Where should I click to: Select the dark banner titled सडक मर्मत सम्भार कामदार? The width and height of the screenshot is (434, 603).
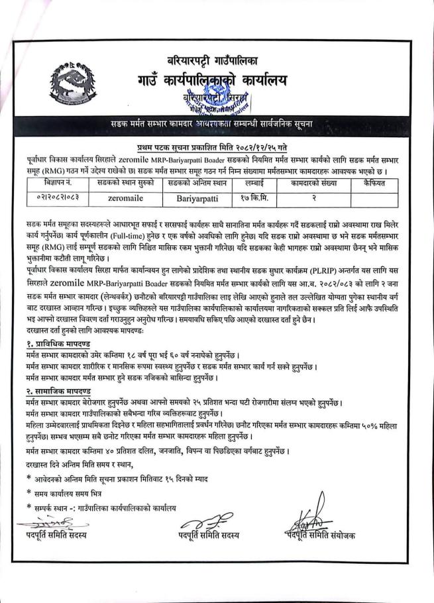tap(218, 126)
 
